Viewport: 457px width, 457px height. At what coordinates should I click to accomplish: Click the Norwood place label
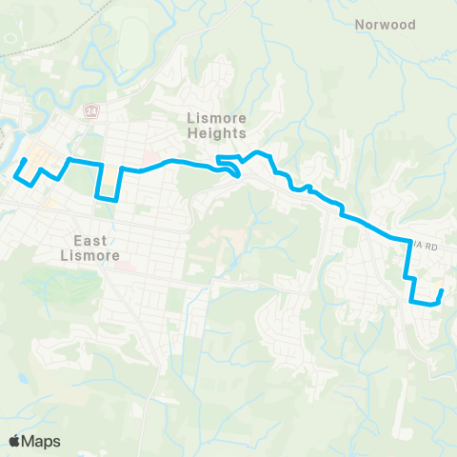click(x=386, y=25)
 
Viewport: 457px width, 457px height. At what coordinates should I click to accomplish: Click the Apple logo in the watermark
click(x=14, y=441)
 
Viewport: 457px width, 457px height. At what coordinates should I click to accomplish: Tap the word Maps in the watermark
click(x=41, y=441)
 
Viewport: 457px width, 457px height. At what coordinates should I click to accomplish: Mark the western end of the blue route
click(x=24, y=159)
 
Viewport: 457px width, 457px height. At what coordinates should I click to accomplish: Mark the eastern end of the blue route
click(x=443, y=289)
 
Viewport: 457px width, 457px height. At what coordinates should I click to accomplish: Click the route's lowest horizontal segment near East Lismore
click(x=107, y=199)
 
